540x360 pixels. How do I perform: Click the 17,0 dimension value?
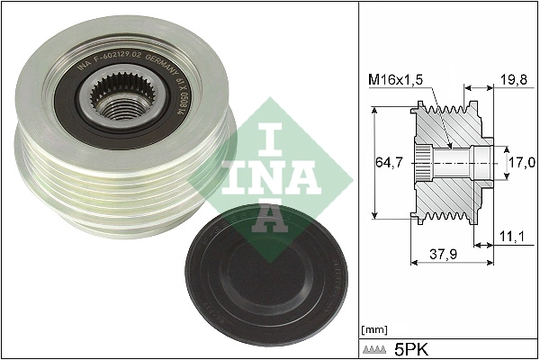coord(523,162)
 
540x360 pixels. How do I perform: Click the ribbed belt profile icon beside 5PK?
coord(375,347)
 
